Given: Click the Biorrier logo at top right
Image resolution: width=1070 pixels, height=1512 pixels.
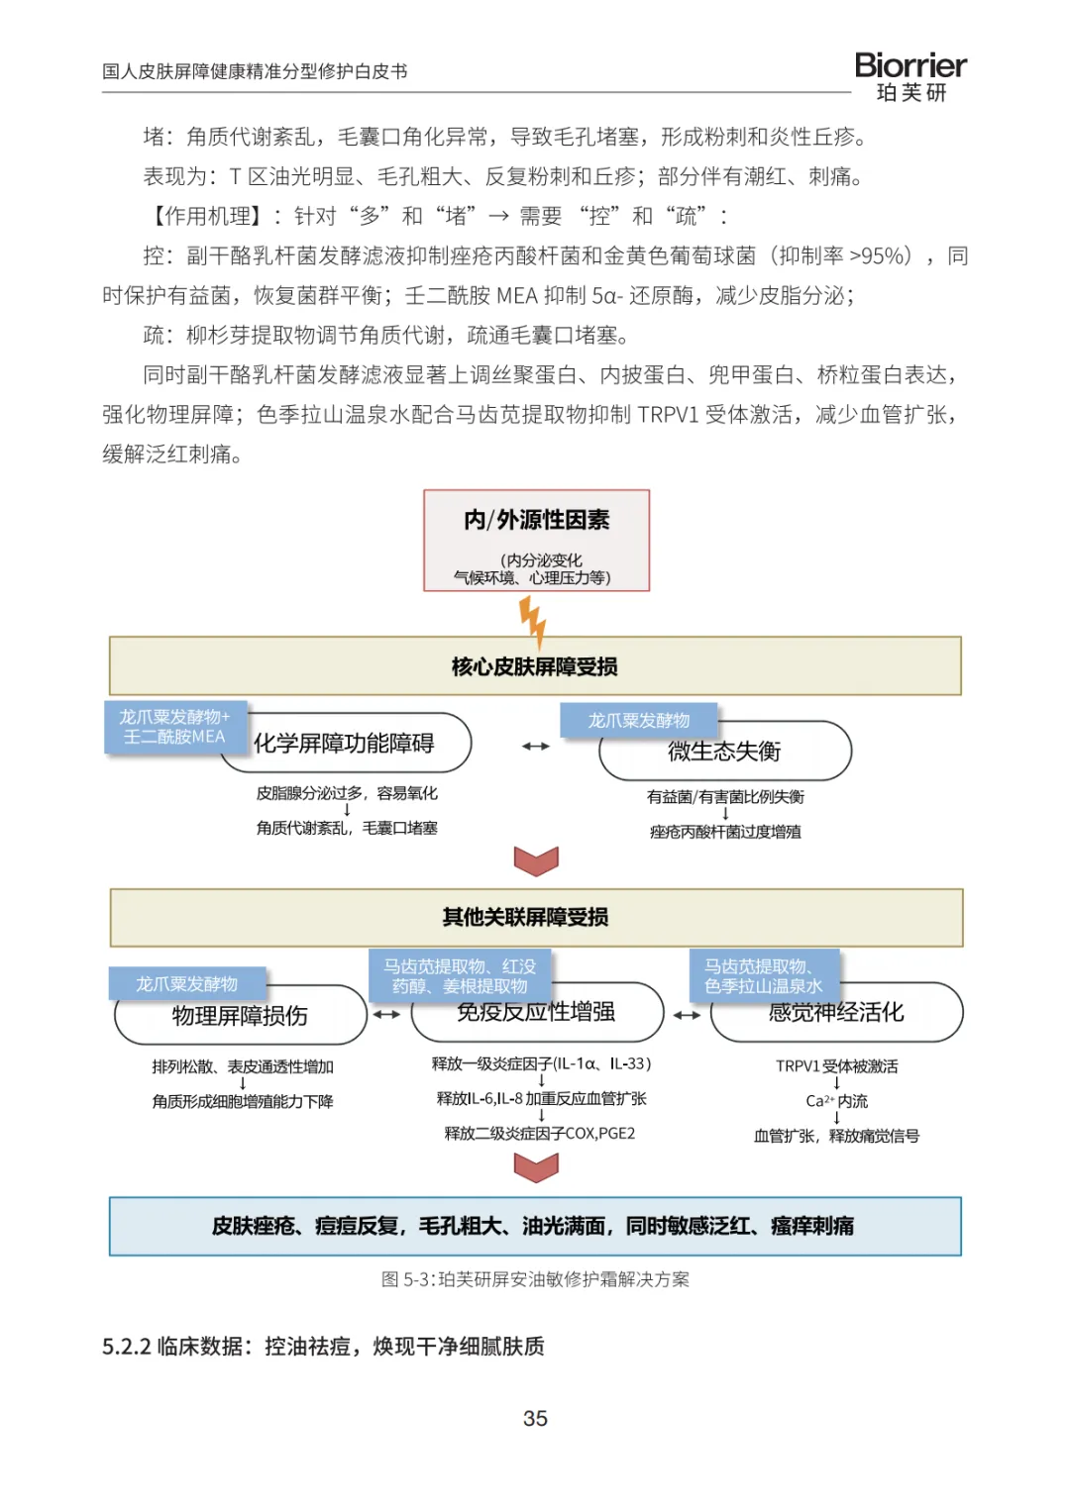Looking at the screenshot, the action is click(x=909, y=76).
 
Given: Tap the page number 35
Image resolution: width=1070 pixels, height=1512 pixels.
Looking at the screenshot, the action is click(x=535, y=1418).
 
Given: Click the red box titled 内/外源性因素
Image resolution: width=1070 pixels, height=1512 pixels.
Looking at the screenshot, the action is click(x=536, y=540).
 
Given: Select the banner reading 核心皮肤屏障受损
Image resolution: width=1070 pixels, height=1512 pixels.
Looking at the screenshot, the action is click(x=535, y=665).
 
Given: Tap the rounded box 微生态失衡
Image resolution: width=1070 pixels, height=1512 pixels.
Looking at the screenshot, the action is click(x=725, y=751).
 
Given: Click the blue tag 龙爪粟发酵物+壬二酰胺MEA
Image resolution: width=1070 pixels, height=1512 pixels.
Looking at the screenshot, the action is click(x=175, y=727).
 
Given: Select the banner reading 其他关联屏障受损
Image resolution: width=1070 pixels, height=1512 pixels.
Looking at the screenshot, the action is click(x=536, y=917).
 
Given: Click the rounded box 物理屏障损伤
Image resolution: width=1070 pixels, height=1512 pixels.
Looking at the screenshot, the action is click(x=241, y=1016).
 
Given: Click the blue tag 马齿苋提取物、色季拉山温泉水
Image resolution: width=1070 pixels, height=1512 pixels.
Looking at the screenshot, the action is click(x=764, y=975).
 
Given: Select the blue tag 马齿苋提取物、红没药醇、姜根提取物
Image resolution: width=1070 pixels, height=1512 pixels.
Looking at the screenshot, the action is click(x=460, y=975).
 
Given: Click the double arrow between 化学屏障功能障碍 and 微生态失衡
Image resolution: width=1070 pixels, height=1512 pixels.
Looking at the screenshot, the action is click(x=536, y=746).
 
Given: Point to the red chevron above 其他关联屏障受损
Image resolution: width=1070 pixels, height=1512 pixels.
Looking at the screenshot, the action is click(x=536, y=860).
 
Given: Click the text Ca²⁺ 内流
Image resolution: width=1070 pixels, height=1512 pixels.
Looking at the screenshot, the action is click(x=836, y=1101).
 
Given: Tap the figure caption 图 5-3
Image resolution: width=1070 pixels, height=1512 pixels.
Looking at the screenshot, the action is click(x=535, y=1279).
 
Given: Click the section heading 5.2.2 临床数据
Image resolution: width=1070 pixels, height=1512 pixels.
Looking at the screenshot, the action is click(x=323, y=1347).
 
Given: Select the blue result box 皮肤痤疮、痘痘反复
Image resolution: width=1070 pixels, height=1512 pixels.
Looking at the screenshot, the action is click(x=535, y=1227).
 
